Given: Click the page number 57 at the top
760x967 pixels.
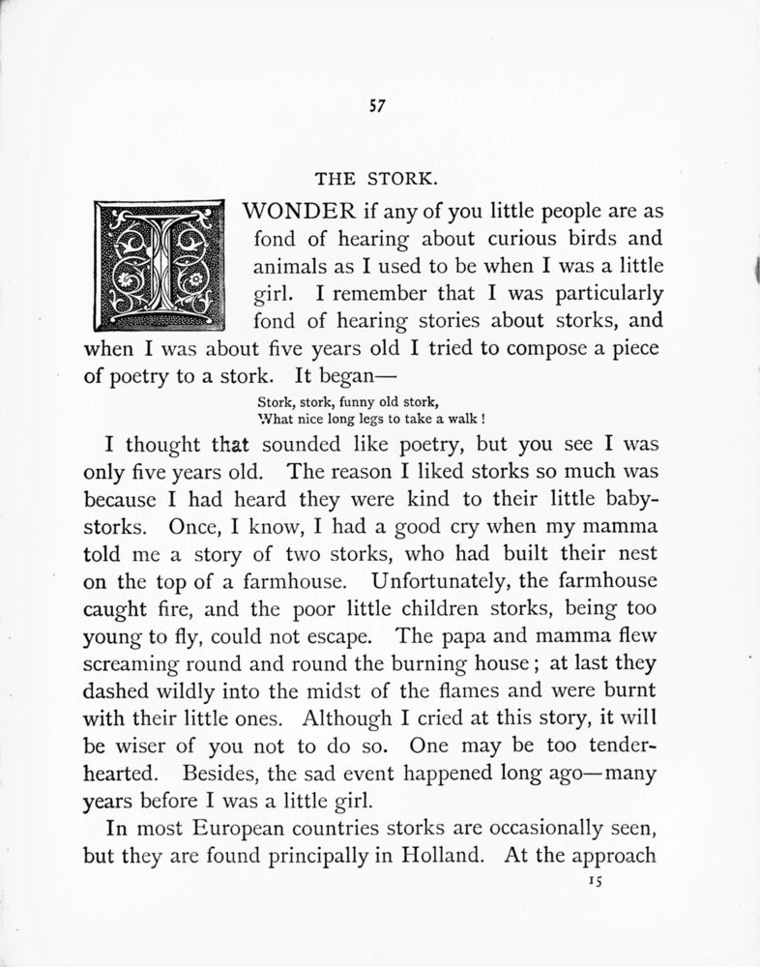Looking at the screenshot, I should pos(377,107).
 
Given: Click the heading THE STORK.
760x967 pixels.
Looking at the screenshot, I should pos(377,179).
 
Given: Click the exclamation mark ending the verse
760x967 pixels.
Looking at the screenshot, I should pos(481,419).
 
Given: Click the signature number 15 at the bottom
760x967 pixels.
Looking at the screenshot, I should pos(594,882).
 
